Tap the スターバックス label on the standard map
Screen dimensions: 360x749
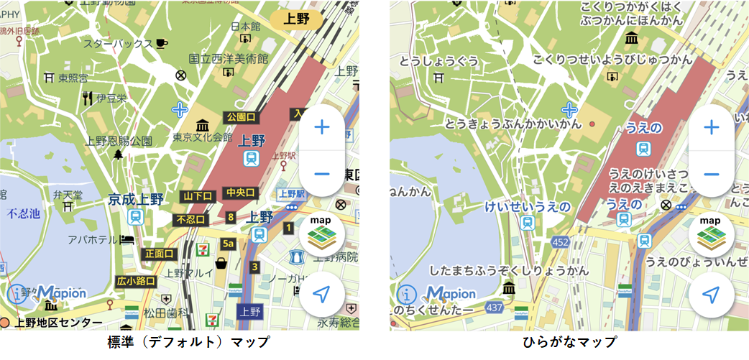[118, 43]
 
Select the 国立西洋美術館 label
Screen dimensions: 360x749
[228, 59]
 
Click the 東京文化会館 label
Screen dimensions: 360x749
[202, 137]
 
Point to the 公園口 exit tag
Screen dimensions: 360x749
[241, 116]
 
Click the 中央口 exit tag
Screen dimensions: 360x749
[241, 193]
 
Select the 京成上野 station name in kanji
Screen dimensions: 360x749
[136, 200]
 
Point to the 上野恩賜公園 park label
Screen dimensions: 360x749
[119, 141]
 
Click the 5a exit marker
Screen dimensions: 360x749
[228, 244]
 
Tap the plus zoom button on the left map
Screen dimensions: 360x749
[321, 128]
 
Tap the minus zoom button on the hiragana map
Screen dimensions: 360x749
[711, 174]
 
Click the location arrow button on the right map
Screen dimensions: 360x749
[711, 295]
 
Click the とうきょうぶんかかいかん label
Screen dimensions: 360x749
[513, 124]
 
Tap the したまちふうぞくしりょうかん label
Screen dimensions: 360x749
[509, 272]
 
